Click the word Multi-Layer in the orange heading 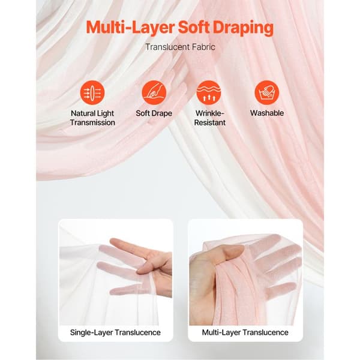point(130,28)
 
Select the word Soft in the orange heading point(193,28)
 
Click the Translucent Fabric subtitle point(180,47)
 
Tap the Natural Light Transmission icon point(92,92)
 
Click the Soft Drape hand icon point(154,92)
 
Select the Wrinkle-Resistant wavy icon point(209,92)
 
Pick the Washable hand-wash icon point(267,92)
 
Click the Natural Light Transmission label point(92,118)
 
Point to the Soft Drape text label point(154,113)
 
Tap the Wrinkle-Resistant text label point(209,118)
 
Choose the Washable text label point(267,113)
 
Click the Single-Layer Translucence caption point(115,332)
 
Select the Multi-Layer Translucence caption point(245,332)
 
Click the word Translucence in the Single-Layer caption point(138,332)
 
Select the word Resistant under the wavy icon point(209,122)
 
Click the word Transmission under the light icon point(92,122)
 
